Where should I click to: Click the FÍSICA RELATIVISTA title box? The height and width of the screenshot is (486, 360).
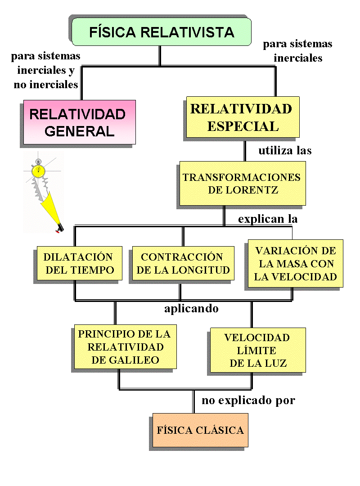point(161,32)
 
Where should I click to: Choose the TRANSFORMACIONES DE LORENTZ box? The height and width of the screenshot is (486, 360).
point(242,183)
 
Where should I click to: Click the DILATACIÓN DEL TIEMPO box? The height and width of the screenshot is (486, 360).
point(78,264)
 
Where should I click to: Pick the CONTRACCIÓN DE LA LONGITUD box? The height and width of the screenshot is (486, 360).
point(182,264)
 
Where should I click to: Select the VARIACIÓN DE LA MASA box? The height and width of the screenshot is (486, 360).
point(295,264)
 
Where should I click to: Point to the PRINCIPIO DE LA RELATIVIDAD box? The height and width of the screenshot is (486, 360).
point(124,347)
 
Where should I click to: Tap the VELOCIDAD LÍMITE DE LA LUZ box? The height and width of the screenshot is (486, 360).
point(257,350)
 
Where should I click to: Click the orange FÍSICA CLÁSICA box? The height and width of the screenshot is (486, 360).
point(200,430)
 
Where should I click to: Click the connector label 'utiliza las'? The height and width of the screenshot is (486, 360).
point(285,150)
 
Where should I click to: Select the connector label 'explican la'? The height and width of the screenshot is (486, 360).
point(268,219)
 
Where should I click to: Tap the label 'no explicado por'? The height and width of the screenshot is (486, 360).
point(248,400)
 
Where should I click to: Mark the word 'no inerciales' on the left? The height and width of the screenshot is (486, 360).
point(46,85)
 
